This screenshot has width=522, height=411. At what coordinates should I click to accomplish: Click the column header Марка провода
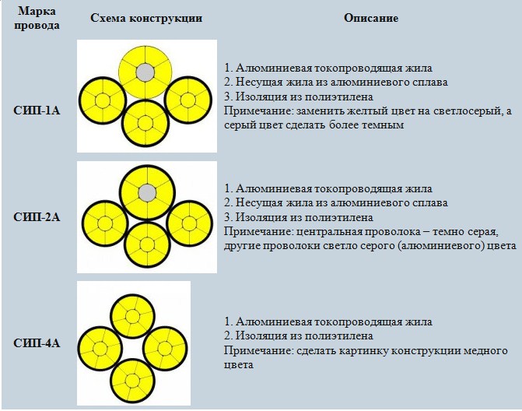coord(37,19)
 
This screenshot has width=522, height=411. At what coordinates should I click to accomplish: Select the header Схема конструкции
coord(146,18)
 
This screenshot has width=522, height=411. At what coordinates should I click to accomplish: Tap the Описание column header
coord(371,18)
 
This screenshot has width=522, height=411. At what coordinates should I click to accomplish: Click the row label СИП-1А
coord(37,111)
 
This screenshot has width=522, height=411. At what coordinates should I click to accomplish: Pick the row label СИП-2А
coord(37,217)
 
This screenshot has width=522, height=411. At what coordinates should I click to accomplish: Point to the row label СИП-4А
coord(37,343)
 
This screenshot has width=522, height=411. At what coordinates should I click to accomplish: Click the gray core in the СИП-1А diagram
coord(145,72)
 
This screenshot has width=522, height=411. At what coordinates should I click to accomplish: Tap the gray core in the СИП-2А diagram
coord(147,193)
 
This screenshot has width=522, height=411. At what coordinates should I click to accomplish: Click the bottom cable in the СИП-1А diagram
coord(145,123)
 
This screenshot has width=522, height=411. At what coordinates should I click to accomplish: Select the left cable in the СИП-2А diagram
coord(105,223)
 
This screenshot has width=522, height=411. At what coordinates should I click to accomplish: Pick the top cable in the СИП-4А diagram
coord(132,316)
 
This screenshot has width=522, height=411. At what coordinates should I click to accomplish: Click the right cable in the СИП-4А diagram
coord(165,349)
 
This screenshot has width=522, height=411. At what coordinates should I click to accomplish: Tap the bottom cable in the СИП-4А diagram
coord(132,381)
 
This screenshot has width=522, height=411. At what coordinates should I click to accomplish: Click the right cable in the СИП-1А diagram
coord(187,100)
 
